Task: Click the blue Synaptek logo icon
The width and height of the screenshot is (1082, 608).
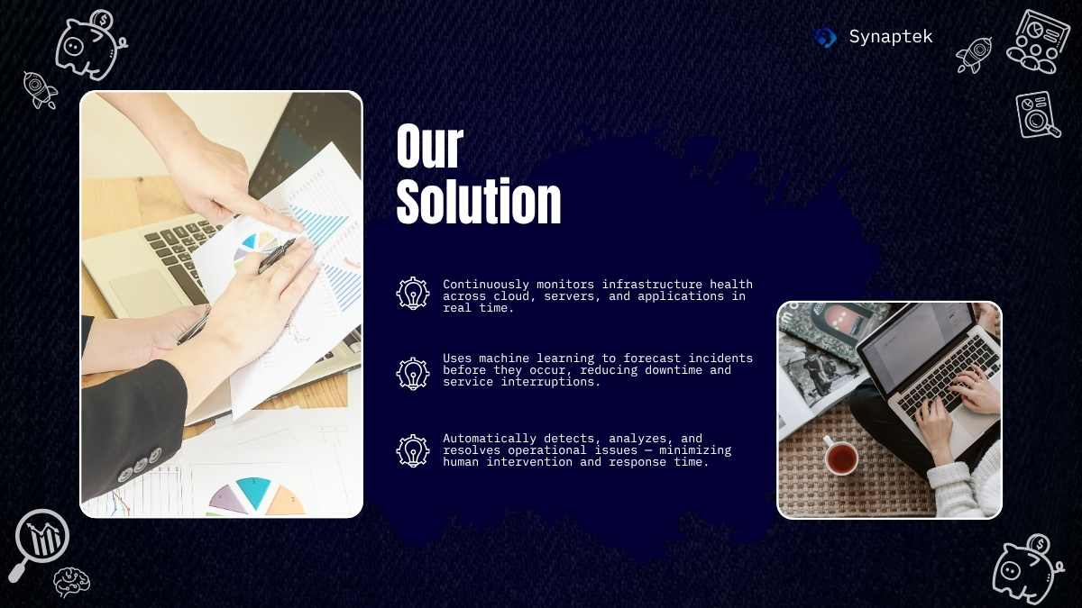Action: pyautogui.click(x=826, y=37)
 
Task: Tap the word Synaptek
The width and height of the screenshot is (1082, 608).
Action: pyautogui.click(x=891, y=37)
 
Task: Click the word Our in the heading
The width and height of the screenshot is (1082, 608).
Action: pyautogui.click(x=429, y=146)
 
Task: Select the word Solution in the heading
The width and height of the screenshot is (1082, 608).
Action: pyautogui.click(x=479, y=201)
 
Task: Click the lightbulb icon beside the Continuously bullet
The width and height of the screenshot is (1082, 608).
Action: pyautogui.click(x=413, y=293)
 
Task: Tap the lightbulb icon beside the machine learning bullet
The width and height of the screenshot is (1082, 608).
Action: pyautogui.click(x=413, y=373)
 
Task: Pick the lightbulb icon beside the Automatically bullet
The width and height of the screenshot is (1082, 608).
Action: pyautogui.click(x=413, y=450)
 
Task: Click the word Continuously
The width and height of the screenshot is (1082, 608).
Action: pyautogui.click(x=486, y=285)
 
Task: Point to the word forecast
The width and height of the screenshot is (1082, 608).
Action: pyautogui.click(x=652, y=358)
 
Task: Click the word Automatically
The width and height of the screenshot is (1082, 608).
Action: pyautogui.click(x=490, y=439)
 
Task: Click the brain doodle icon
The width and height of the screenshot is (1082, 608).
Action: pyautogui.click(x=71, y=583)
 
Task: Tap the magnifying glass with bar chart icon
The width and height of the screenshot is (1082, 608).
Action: pyautogui.click(x=41, y=538)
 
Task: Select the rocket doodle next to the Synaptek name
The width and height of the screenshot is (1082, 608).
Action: pyautogui.click(x=974, y=55)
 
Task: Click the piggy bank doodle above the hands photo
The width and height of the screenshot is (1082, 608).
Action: pyautogui.click(x=90, y=44)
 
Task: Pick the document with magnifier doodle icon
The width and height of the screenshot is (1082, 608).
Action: pyautogui.click(x=1037, y=115)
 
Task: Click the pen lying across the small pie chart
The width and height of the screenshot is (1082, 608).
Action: pyautogui.click(x=276, y=256)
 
